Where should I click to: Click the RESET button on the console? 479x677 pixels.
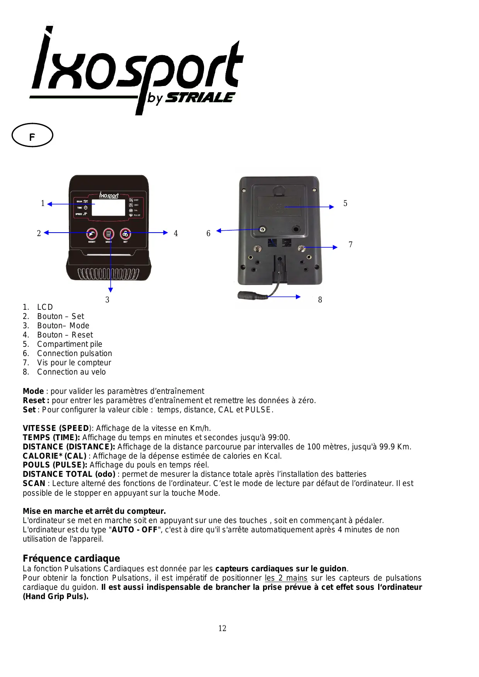pyautogui.click(x=92, y=234)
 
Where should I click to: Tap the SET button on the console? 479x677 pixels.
pyautogui.click(x=126, y=234)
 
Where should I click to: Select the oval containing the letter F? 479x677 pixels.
pyautogui.click(x=32, y=135)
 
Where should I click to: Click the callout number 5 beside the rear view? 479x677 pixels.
pyautogui.click(x=345, y=203)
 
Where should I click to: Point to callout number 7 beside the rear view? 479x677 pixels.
pyautogui.click(x=350, y=245)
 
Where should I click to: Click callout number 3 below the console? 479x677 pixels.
pyautogui.click(x=107, y=300)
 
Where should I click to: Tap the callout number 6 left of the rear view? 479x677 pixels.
pyautogui.click(x=208, y=233)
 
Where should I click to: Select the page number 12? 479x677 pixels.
pyautogui.click(x=222, y=628)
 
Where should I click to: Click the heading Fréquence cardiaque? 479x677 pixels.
pyautogui.click(x=71, y=558)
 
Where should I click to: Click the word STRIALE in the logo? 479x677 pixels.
pyautogui.click(x=200, y=98)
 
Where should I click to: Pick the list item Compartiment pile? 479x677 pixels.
pyautogui.click(x=70, y=344)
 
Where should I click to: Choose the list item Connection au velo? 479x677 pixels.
pyautogui.click(x=71, y=372)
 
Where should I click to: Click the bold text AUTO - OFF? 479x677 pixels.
pyautogui.click(x=134, y=530)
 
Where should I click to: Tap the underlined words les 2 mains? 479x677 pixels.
pyautogui.click(x=286, y=578)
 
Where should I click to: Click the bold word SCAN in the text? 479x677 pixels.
pyautogui.click(x=34, y=483)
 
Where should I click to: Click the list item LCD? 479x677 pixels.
pyautogui.click(x=45, y=307)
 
